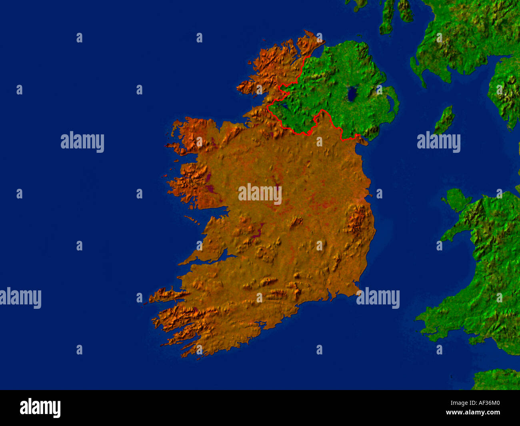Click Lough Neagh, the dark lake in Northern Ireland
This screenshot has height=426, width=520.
pos(352,94)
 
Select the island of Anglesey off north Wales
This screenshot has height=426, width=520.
pos(456,200)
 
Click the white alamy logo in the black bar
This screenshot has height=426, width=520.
pos(40,408)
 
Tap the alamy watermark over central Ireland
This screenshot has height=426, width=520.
pos(260,194)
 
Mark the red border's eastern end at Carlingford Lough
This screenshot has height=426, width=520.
pos(359,138)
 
